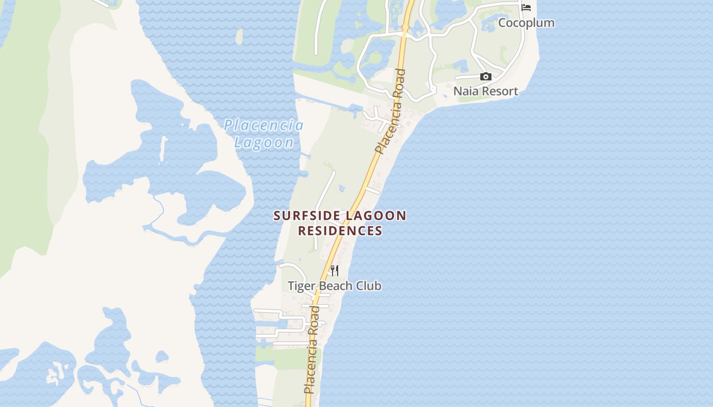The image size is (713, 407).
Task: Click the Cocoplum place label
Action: click(x=526, y=23)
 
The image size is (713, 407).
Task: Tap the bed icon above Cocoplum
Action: click(x=526, y=7)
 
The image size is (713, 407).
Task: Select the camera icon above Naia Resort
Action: click(x=486, y=77)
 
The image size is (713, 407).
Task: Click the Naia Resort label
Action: click(x=486, y=92)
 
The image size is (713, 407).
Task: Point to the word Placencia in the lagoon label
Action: click(x=264, y=125)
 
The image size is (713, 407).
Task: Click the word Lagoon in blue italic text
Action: click(x=264, y=143)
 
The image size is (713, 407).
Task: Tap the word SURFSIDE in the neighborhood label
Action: click(x=307, y=216)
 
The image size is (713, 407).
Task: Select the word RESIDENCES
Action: click(x=340, y=231)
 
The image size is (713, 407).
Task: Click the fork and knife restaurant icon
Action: click(x=335, y=270)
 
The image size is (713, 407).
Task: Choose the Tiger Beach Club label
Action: click(x=335, y=286)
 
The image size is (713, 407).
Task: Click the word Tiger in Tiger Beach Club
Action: click(x=300, y=286)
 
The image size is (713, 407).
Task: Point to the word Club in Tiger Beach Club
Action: click(x=369, y=286)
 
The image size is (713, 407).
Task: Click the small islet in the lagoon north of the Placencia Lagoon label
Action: click(x=239, y=36)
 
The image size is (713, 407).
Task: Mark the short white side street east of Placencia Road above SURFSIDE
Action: click(x=372, y=190)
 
